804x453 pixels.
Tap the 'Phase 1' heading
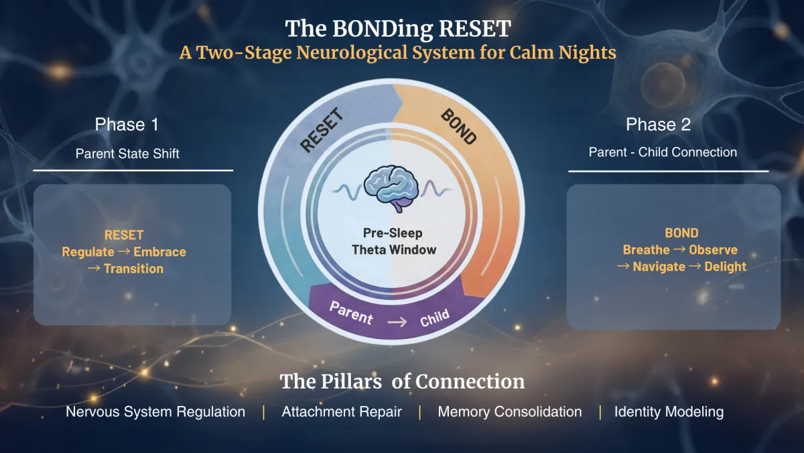click(127, 124)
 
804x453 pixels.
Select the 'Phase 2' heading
click(658, 124)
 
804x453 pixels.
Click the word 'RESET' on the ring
click(322, 132)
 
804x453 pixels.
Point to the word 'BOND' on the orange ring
click(459, 127)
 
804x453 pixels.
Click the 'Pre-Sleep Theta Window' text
click(394, 242)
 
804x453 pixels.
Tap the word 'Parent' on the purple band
click(351, 313)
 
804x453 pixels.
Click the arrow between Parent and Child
click(397, 321)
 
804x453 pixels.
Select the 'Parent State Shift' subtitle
click(127, 153)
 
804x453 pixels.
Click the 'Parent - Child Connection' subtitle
click(663, 152)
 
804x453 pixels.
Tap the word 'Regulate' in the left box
click(88, 252)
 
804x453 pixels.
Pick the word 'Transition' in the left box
click(133, 268)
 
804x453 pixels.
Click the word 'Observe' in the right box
click(713, 250)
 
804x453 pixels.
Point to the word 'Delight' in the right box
click(725, 266)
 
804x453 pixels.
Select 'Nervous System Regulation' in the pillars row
click(155, 412)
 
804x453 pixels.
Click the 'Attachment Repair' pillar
click(342, 412)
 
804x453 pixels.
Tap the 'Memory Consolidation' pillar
click(510, 412)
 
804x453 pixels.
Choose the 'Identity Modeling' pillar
click(669, 412)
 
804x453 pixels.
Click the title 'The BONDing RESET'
click(398, 29)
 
